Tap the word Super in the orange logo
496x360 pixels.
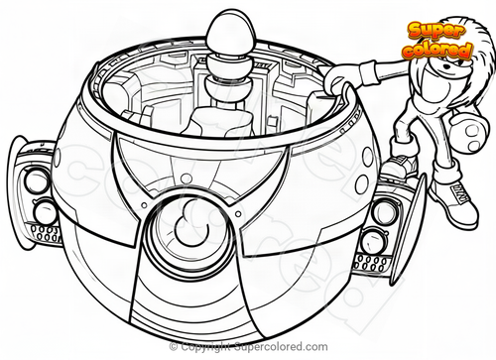[436, 30]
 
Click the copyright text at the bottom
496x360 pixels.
[249, 347]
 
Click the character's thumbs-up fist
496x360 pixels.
[469, 133]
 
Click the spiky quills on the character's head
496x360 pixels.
[463, 42]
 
